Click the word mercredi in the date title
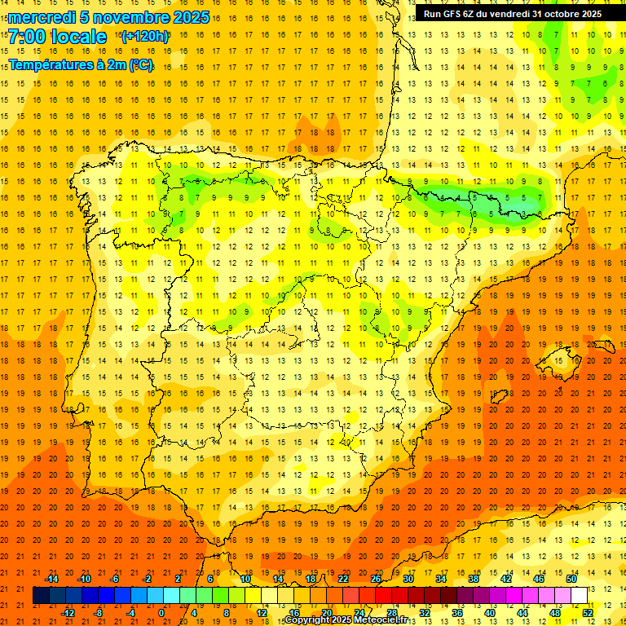(x=42, y=17)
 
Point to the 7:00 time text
(x=26, y=37)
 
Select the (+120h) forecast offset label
(x=144, y=37)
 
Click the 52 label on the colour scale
(x=588, y=612)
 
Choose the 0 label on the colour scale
(x=161, y=612)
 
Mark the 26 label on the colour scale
(x=375, y=579)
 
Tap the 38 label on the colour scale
(x=473, y=579)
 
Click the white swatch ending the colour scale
(x=579, y=595)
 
